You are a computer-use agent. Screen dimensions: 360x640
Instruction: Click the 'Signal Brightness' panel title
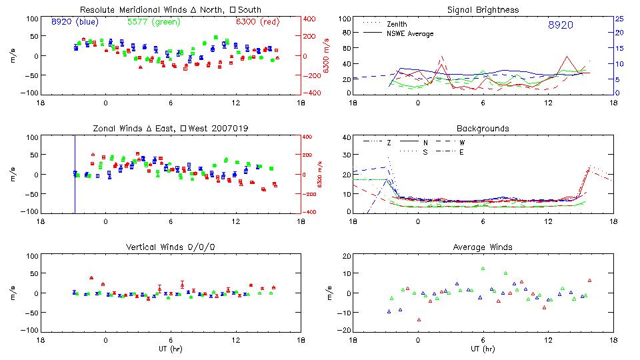(x=483, y=10)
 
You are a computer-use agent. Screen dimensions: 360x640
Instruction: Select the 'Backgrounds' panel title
(x=483, y=128)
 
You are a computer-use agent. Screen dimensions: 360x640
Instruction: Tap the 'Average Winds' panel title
(x=483, y=247)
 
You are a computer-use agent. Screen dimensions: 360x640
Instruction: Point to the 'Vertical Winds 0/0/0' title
(x=171, y=247)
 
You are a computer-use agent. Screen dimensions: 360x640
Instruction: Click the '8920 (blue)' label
(x=75, y=21)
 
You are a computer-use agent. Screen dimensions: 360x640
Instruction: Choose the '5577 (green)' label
(x=153, y=21)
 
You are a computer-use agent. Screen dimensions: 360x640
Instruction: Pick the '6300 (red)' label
(x=257, y=21)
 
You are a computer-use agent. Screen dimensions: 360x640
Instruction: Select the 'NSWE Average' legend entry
(x=410, y=33)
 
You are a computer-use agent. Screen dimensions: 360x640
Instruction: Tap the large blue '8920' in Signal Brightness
(x=560, y=25)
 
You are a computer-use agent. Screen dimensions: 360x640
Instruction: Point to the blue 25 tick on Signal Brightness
(x=619, y=19)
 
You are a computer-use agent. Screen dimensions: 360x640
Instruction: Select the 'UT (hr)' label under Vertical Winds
(x=171, y=348)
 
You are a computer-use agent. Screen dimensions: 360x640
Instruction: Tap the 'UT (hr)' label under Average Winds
(x=483, y=348)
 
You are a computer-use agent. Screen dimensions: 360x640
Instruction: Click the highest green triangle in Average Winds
(x=483, y=269)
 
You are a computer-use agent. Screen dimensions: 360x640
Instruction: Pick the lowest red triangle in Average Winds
(x=419, y=320)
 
